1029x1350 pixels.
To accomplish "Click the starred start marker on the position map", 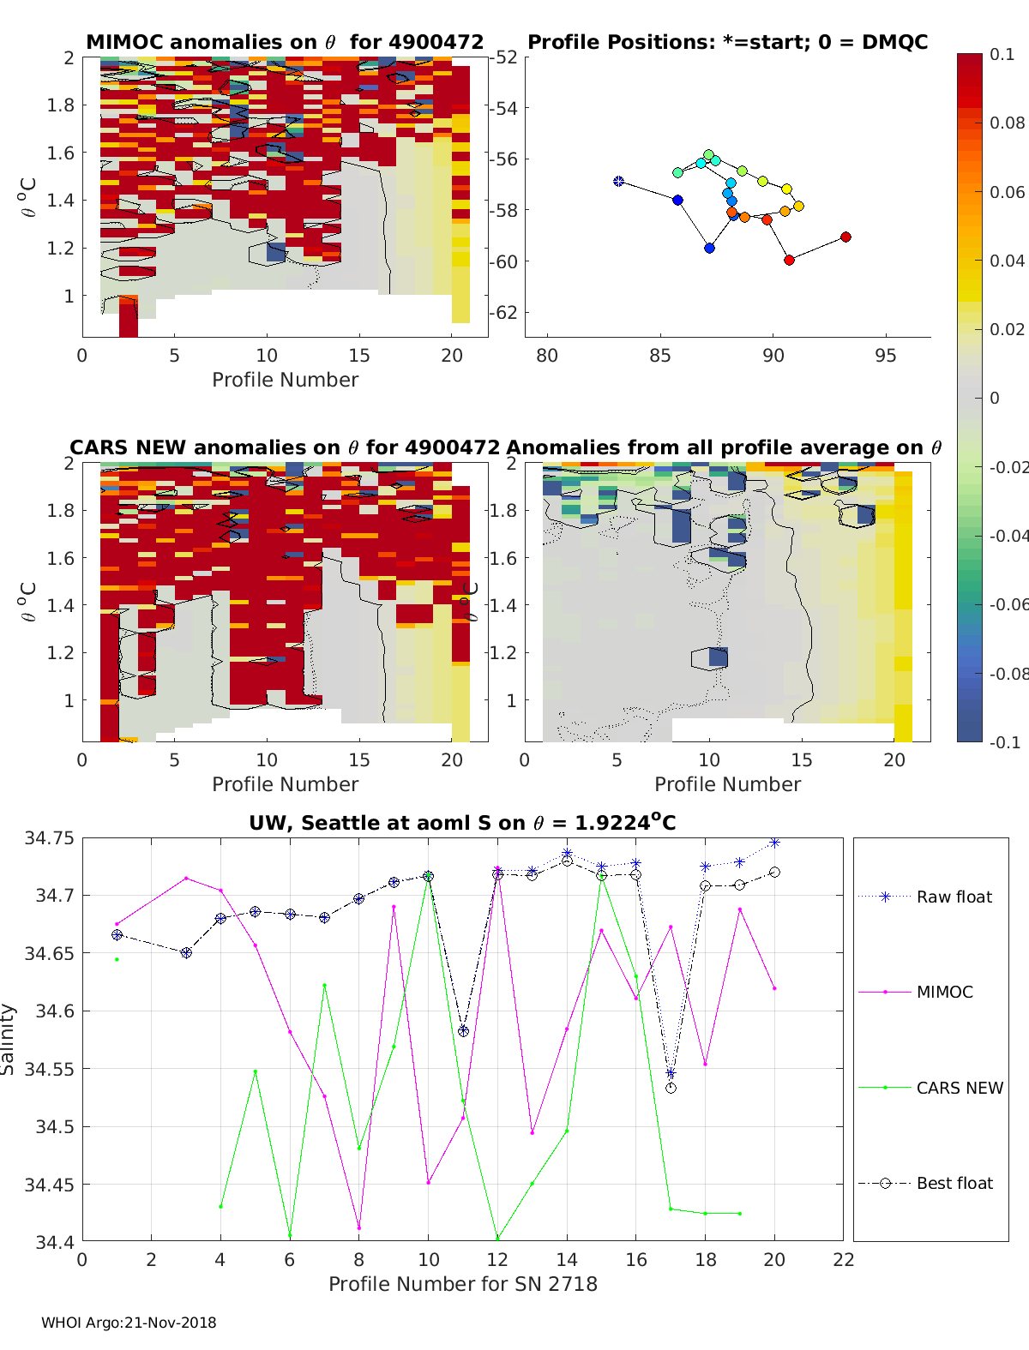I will (618, 182).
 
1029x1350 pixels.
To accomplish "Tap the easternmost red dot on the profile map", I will (845, 237).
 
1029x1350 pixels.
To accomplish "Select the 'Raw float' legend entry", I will (954, 897).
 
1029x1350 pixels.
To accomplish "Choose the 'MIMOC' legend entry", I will (944, 992).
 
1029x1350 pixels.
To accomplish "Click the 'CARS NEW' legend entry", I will (959, 1088).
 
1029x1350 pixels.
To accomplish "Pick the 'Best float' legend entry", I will (954, 1183).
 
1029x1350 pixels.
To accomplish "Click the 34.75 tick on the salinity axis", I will (49, 838).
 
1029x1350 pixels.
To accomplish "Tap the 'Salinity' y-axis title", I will (9, 1039).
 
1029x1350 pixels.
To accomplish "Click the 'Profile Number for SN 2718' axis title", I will (463, 1284).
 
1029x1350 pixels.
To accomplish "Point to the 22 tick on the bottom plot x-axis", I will (844, 1260).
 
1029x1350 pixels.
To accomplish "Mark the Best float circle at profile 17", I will (671, 1088).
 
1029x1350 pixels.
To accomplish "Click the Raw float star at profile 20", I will (774, 843).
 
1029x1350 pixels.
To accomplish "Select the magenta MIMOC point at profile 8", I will (359, 1227).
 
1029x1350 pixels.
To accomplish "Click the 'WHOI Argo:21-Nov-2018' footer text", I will (129, 1323).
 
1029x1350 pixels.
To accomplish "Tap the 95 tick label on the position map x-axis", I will (886, 356).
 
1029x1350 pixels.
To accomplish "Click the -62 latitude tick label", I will (505, 313).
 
